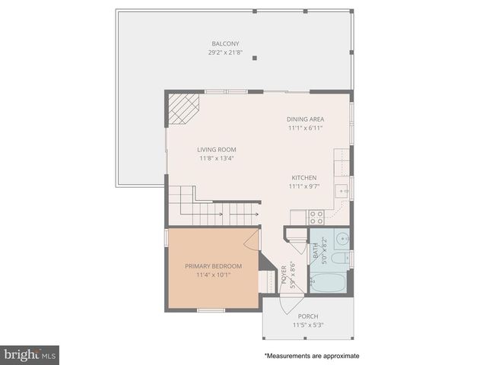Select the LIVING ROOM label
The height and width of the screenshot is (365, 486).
click(x=217, y=150)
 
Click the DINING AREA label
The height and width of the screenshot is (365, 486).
click(x=306, y=119)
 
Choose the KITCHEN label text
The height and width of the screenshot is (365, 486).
click(x=303, y=177)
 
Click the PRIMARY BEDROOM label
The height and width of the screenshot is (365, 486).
click(x=213, y=266)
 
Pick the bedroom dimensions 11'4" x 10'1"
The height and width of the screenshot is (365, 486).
click(x=213, y=275)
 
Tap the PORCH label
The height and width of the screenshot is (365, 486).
click(x=308, y=316)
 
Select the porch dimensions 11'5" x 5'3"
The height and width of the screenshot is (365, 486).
click(x=308, y=325)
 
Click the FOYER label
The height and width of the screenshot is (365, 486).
click(x=284, y=272)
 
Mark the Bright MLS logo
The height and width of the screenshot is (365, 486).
click(x=30, y=354)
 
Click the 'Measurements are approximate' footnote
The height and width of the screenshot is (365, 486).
click(x=312, y=355)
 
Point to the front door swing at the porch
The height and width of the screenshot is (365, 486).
click(x=290, y=302)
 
